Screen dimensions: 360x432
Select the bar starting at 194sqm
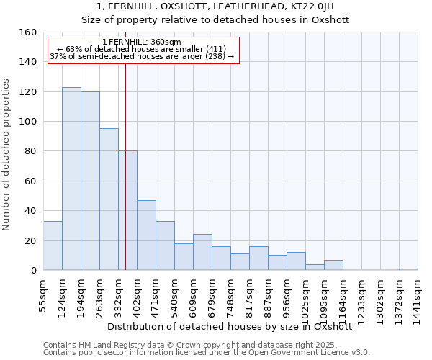[90, 181]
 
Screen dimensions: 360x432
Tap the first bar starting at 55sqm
[53, 246]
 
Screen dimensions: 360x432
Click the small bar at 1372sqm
[408, 269]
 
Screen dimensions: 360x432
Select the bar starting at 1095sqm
[333, 265]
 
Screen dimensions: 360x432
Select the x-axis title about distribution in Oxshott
[230, 326]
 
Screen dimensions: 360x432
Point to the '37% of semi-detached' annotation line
[142, 56]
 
